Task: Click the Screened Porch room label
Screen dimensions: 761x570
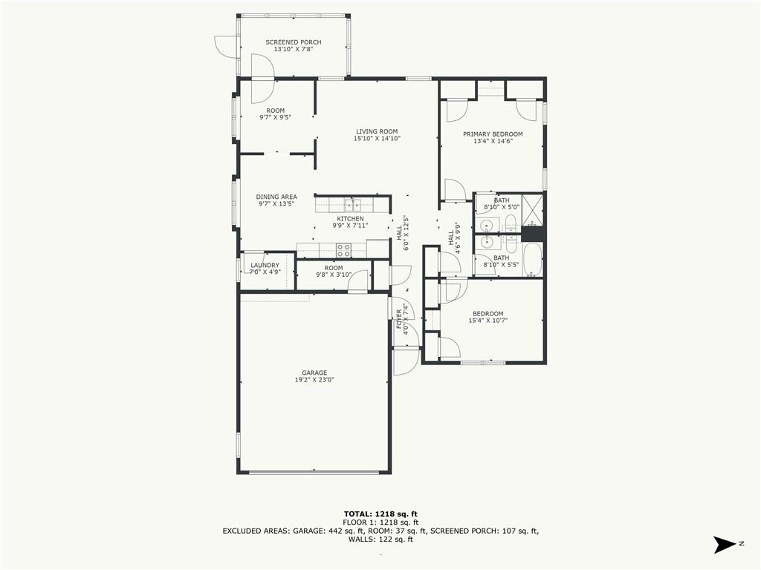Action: [x=293, y=42]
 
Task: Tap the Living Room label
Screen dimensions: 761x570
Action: [x=377, y=131]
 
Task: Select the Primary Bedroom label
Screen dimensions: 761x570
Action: [x=493, y=134]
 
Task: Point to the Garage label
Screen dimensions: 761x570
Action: [x=314, y=373]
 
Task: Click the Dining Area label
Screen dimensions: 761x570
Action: [x=276, y=197]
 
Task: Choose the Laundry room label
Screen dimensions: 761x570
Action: [x=265, y=265]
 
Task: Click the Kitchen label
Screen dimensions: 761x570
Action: [x=351, y=219]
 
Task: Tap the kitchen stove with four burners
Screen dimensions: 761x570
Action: [x=344, y=250]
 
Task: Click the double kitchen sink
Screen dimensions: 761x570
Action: [x=353, y=205]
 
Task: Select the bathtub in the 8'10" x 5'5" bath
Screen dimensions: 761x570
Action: [x=532, y=260]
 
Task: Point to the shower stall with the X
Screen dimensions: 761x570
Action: [x=532, y=210]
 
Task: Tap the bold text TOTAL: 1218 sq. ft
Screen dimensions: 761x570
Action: [x=380, y=514]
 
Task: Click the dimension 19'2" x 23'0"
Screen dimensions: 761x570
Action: [x=314, y=379]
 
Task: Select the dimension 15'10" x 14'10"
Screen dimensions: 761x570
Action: [x=377, y=138]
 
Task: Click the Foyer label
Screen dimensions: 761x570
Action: [x=399, y=319]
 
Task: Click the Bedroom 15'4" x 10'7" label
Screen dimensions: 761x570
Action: [x=488, y=314]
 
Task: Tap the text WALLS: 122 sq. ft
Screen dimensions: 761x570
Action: [x=380, y=540]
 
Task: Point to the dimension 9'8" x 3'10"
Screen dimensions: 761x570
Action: [x=334, y=275]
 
